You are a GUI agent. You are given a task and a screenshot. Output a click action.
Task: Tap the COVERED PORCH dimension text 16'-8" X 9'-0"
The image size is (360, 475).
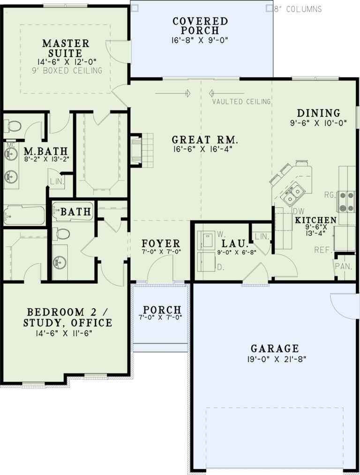200,40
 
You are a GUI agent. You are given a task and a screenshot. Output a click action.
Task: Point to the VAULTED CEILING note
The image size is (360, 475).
241,101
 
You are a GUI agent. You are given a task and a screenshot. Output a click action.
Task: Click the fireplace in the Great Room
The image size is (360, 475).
136,150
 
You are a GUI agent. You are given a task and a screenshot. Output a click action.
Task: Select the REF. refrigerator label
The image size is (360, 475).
323,249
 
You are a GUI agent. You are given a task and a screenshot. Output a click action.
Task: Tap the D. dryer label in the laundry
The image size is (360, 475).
219,267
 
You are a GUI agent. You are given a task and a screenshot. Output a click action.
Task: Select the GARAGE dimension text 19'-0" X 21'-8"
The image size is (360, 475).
274,360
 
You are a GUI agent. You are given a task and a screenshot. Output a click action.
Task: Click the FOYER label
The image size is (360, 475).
161,243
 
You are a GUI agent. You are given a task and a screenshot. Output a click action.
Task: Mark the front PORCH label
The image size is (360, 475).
162,310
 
